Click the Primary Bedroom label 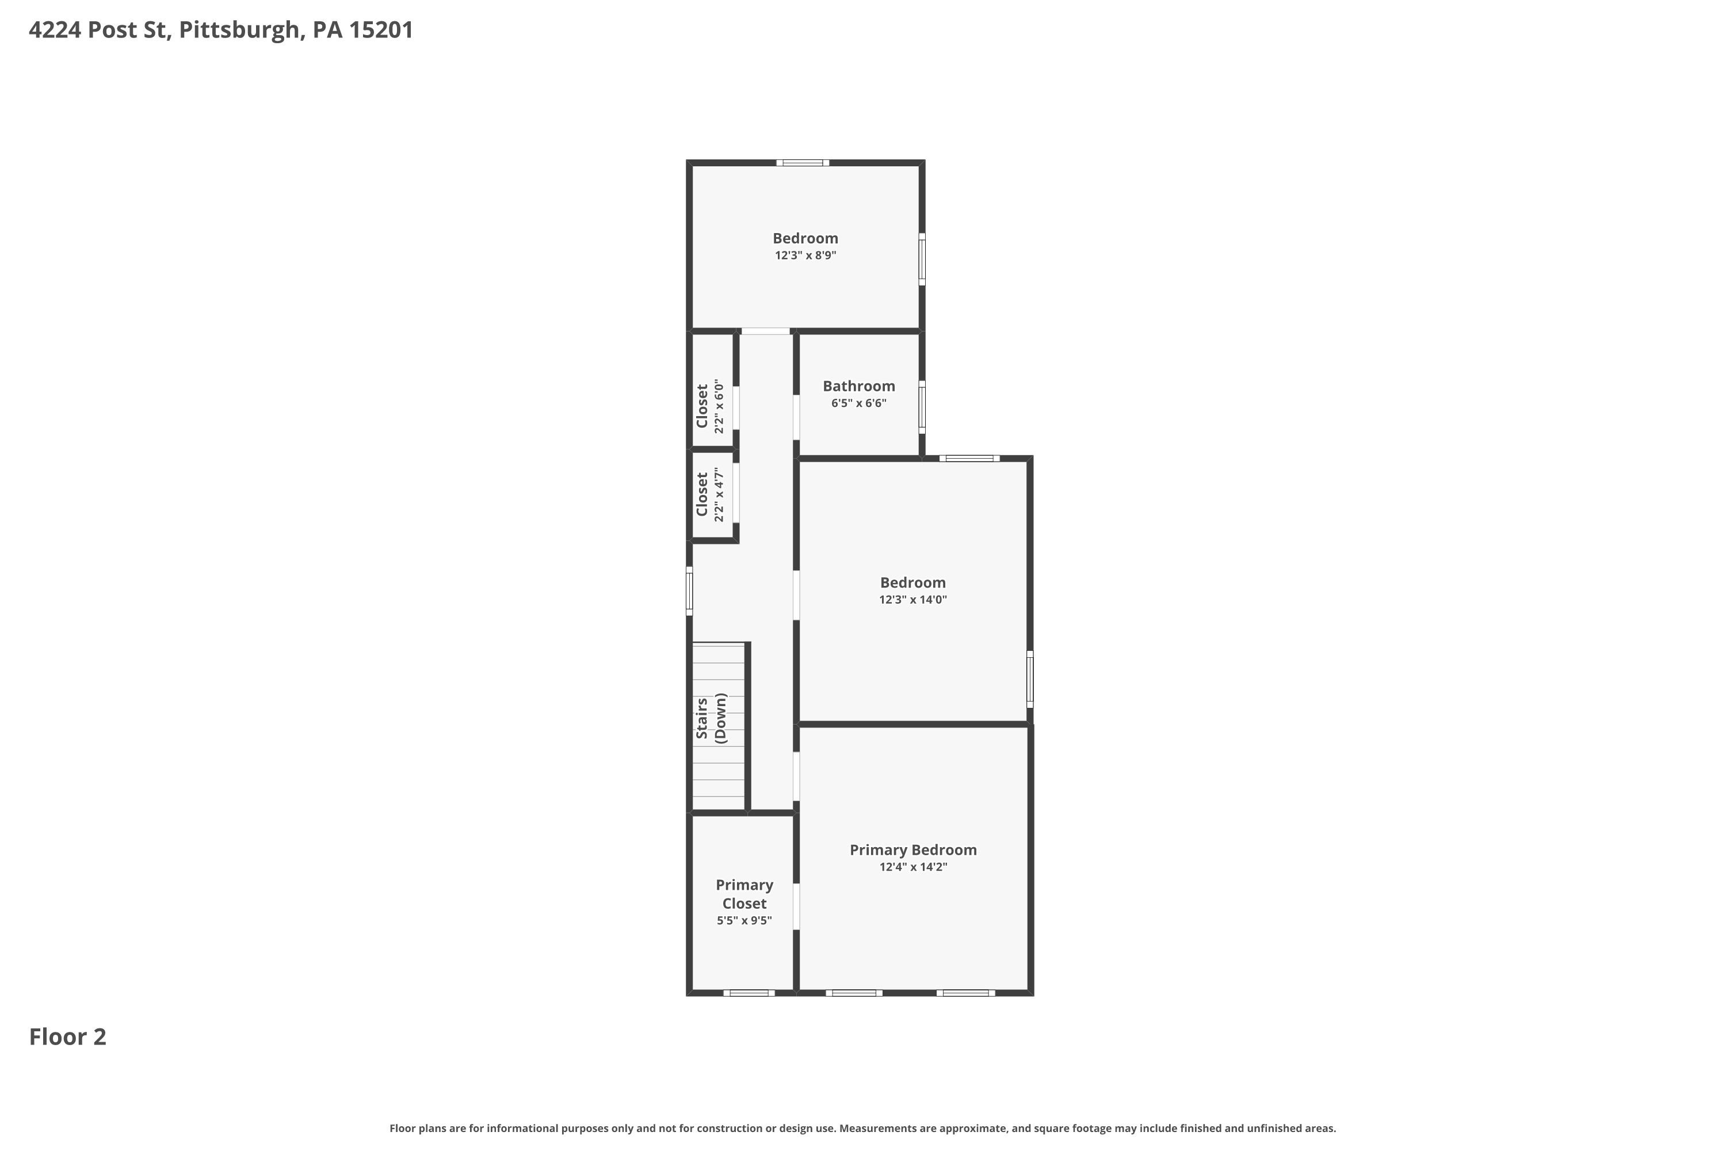click(913, 850)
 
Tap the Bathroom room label click(858, 386)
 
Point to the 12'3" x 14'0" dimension click(913, 600)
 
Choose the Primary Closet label click(744, 894)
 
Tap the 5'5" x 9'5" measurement click(744, 920)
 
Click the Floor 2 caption click(67, 1036)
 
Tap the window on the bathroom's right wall click(922, 407)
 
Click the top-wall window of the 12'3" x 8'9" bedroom click(803, 163)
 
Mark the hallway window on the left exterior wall click(689, 591)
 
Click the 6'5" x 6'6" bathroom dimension click(858, 403)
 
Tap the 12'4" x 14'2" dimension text click(914, 867)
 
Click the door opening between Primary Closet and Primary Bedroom click(796, 906)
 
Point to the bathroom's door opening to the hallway click(796, 418)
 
